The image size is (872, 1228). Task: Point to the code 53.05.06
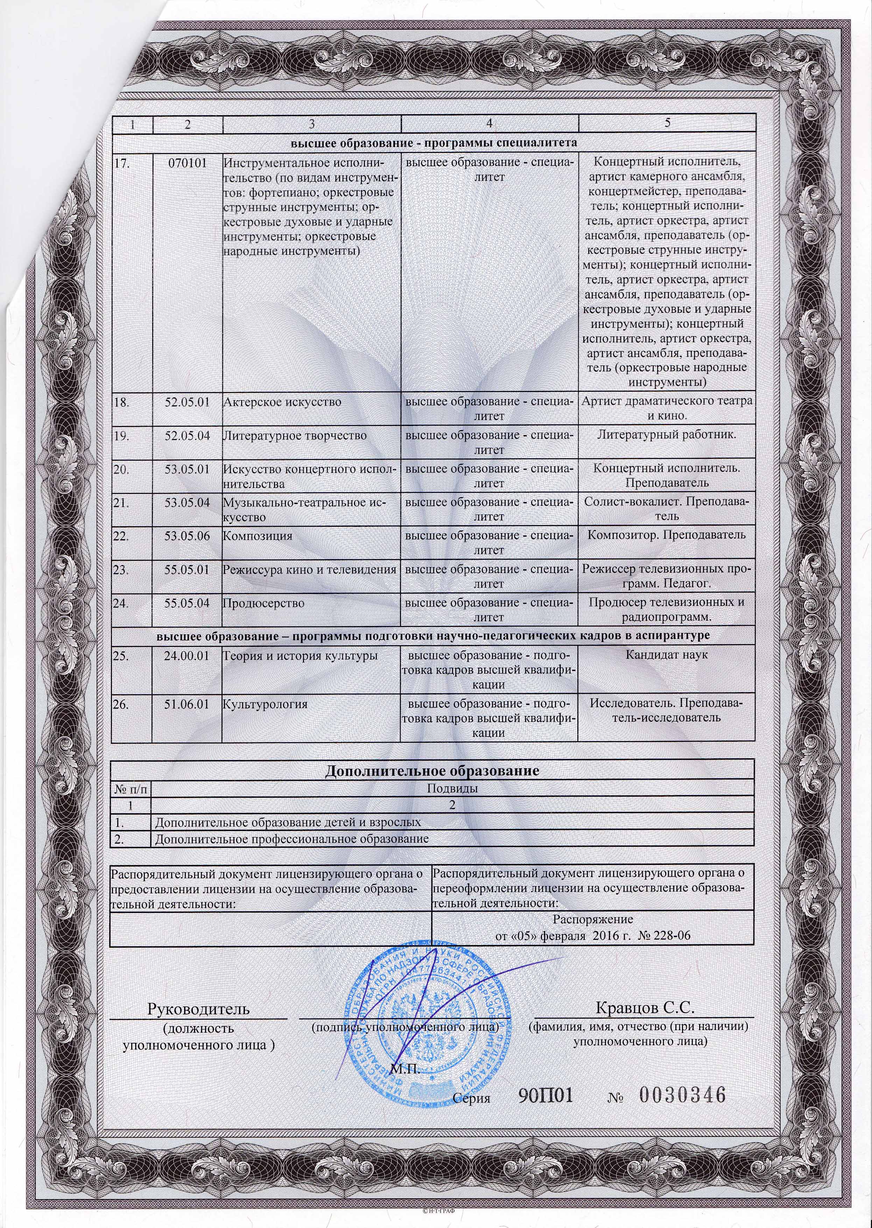[x=187, y=536]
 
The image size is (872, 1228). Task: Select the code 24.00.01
[x=187, y=655]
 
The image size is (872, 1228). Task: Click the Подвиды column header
[x=452, y=789]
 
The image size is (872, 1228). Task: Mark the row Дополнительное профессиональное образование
[x=291, y=838]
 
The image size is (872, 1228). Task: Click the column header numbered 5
[x=667, y=123]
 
